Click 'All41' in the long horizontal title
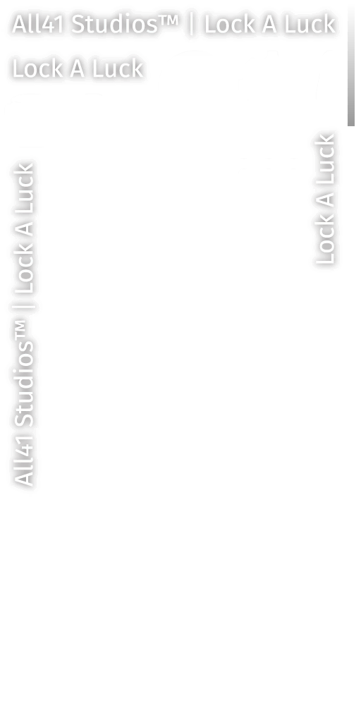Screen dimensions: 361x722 [x=38, y=24]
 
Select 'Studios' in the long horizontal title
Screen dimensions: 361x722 [x=111, y=24]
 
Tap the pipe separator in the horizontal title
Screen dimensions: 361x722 [x=192, y=25]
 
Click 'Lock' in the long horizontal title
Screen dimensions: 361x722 [x=229, y=24]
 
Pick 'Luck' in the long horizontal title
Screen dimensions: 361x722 [x=310, y=24]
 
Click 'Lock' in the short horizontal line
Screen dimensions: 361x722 [x=37, y=68]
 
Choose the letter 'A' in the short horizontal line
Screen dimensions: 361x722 [x=77, y=69]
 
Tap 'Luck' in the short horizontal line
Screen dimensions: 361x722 [x=118, y=68]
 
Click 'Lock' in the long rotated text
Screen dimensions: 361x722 [x=24, y=269]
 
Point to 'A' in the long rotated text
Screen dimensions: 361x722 [x=24, y=229]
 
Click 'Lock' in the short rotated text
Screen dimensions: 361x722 [x=325, y=240]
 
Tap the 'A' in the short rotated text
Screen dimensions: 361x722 [x=325, y=200]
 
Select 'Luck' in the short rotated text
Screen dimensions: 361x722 [x=325, y=159]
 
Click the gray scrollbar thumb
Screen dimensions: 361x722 [x=351, y=63]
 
